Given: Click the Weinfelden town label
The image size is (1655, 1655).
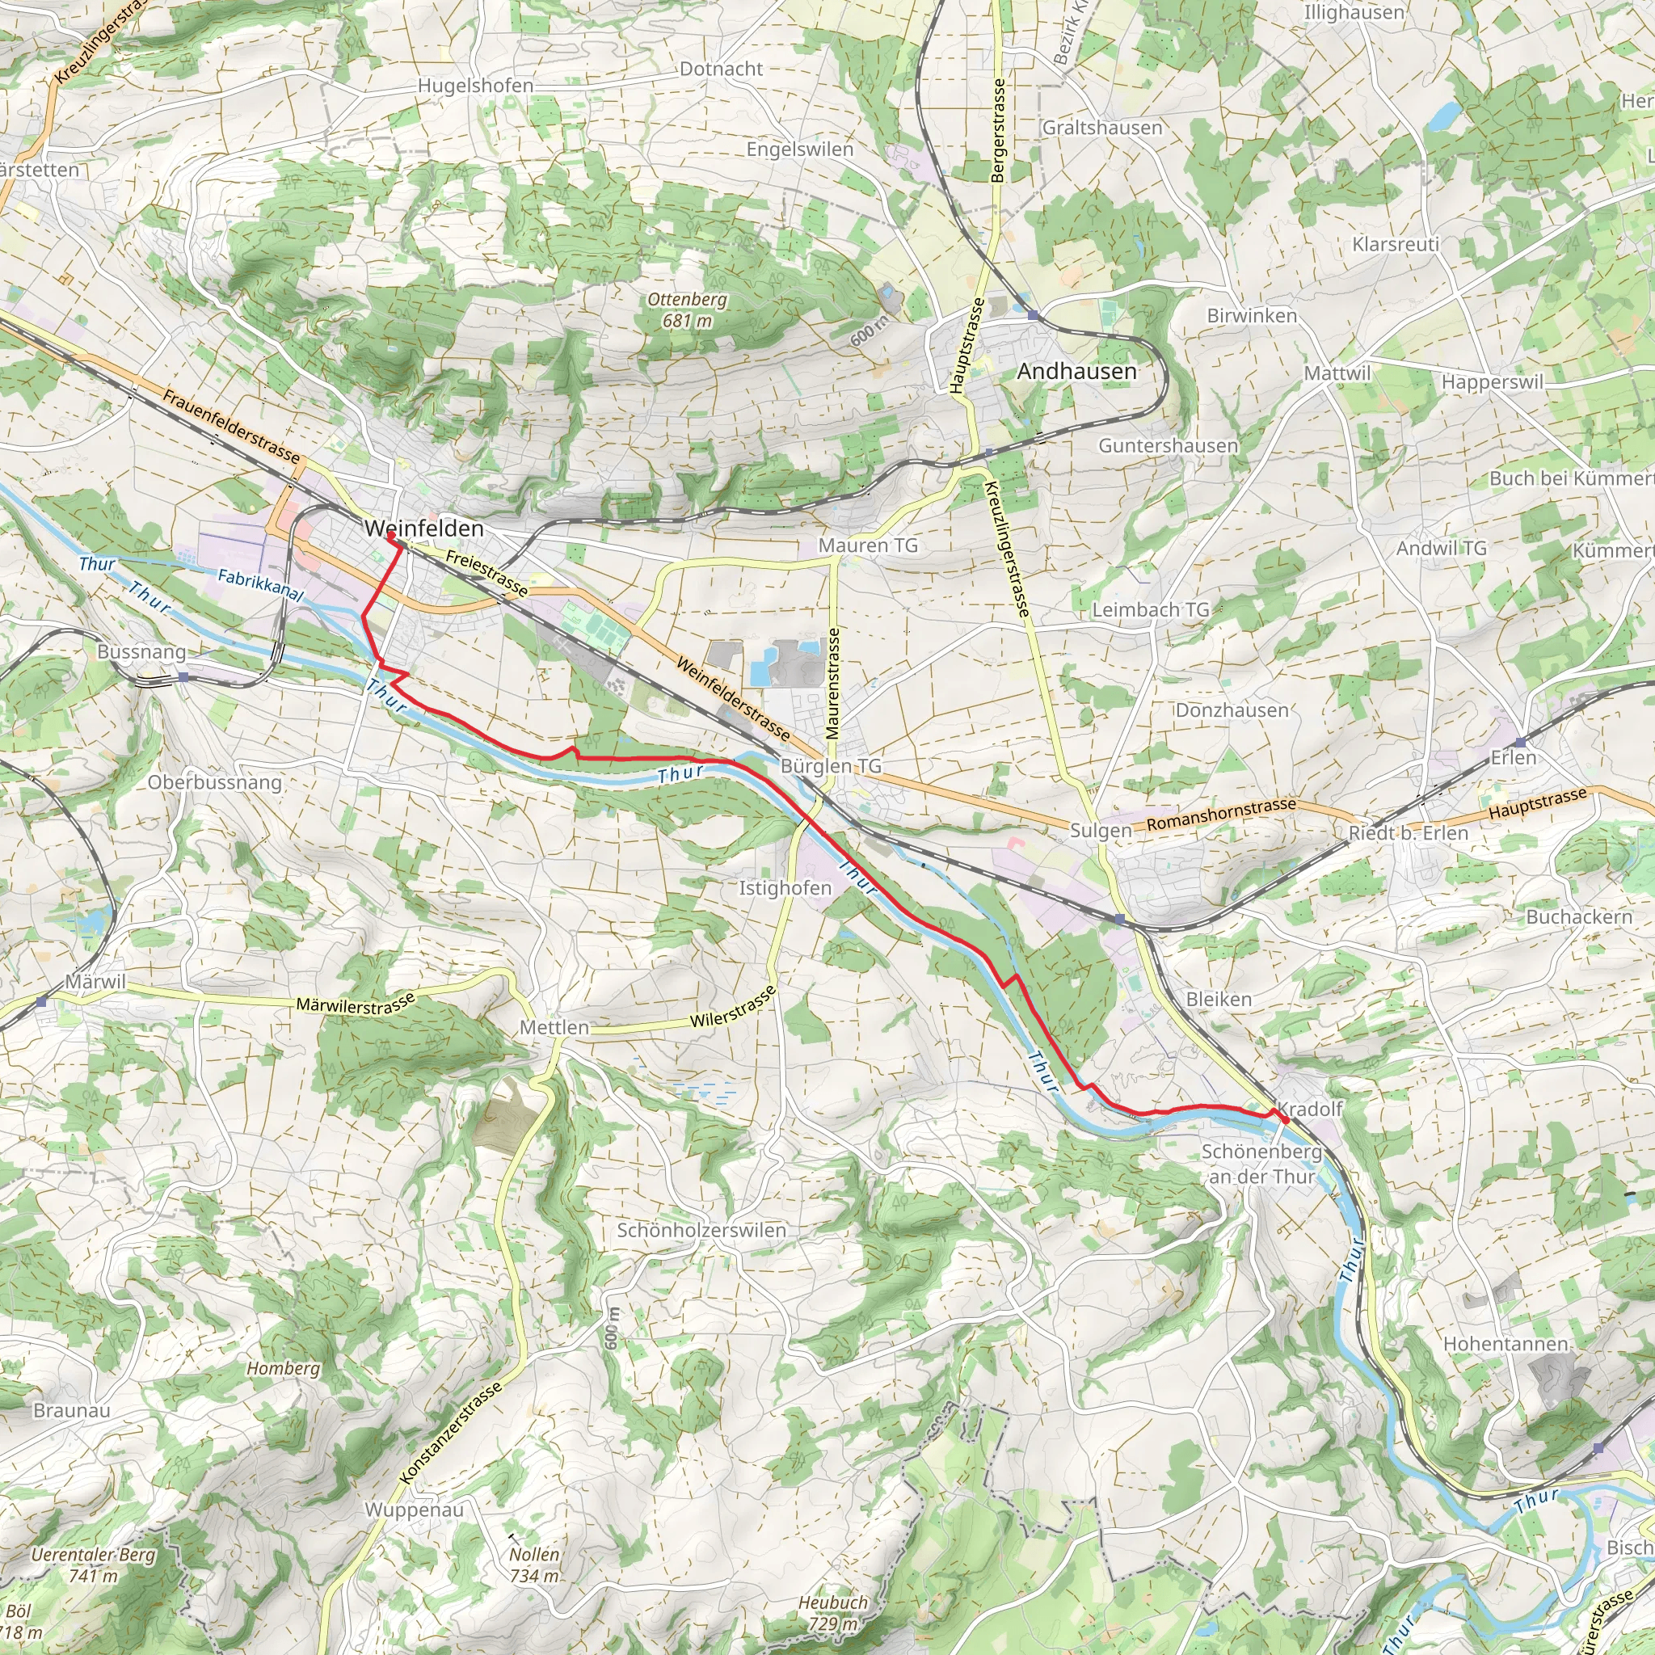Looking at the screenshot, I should (x=424, y=529).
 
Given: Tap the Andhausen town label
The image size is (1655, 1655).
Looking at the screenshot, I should (x=1076, y=371).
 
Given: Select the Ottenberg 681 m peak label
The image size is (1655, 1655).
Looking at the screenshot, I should (x=687, y=310).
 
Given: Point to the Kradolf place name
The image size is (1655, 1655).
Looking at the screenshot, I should (x=1310, y=1110).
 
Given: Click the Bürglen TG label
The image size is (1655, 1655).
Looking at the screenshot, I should (x=830, y=766).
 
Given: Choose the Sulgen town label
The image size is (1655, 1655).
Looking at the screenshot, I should (x=1100, y=830).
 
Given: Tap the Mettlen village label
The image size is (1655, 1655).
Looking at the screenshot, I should (x=554, y=1027).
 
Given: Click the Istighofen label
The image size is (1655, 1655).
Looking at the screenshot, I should (x=785, y=888).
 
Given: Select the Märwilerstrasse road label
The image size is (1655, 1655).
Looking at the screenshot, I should (x=356, y=1004).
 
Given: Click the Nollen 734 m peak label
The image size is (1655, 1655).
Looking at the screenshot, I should (x=534, y=1564).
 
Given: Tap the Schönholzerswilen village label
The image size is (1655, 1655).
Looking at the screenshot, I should (x=701, y=1230).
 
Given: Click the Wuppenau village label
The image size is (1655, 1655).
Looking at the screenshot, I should (x=414, y=1510).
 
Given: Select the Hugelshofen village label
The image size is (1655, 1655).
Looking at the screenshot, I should (x=475, y=86).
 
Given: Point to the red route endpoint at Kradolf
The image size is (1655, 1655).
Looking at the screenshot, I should (x=1285, y=1119).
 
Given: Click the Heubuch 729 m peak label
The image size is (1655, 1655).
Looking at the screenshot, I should (x=832, y=1612).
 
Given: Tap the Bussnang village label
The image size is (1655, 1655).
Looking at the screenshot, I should (x=141, y=652).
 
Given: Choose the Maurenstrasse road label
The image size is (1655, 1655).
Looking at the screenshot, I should (x=832, y=684).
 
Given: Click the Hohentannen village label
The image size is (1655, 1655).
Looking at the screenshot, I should (x=1505, y=1344).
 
